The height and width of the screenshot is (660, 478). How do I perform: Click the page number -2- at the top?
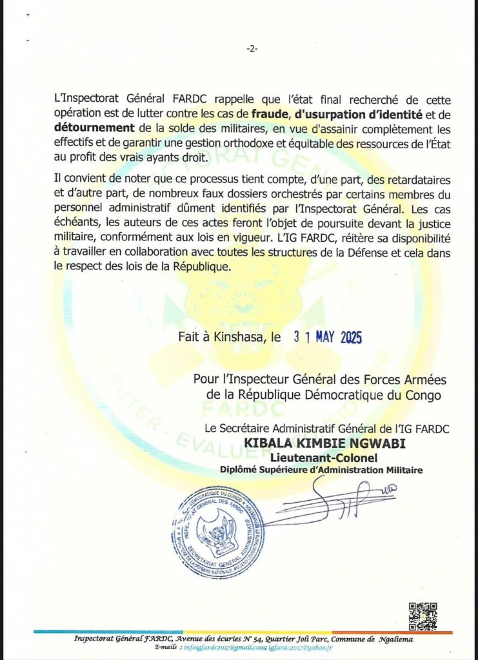[252, 48]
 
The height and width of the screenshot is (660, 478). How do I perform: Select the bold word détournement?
[94, 128]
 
